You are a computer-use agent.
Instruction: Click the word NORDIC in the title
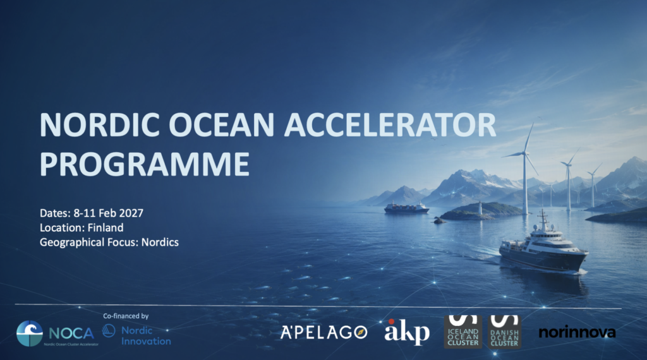point(99,124)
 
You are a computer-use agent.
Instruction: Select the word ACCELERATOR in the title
point(390,124)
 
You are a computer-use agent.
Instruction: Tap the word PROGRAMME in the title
point(145,164)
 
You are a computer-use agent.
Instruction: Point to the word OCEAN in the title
point(222,124)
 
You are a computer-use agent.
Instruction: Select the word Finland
point(106,227)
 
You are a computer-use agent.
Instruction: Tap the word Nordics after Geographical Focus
point(160,242)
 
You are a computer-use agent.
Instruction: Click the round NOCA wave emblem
point(30,333)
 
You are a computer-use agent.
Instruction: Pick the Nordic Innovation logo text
point(146,335)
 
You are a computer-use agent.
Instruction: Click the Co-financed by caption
point(126,316)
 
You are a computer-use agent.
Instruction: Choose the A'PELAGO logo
point(324,332)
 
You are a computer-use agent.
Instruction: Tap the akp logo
point(407,332)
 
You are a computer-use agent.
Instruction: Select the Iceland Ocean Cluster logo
point(463,332)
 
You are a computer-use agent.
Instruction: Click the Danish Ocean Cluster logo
point(505,332)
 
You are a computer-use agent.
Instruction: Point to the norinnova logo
point(577,332)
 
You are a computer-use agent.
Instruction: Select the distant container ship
point(406,208)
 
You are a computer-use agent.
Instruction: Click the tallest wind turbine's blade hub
point(524,153)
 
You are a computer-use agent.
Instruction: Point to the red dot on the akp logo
point(391,321)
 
